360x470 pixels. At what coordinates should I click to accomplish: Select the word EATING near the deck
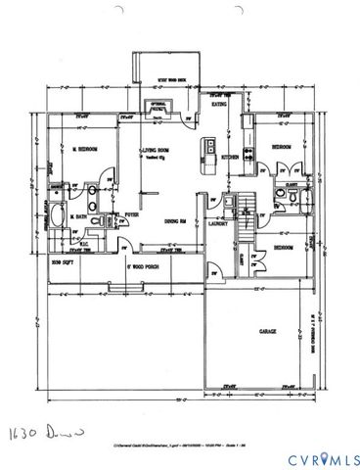(x=221, y=103)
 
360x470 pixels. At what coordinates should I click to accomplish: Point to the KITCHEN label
(x=231, y=157)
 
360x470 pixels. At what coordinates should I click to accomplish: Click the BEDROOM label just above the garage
(x=285, y=249)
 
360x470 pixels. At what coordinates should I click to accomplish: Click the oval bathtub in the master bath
(x=57, y=218)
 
